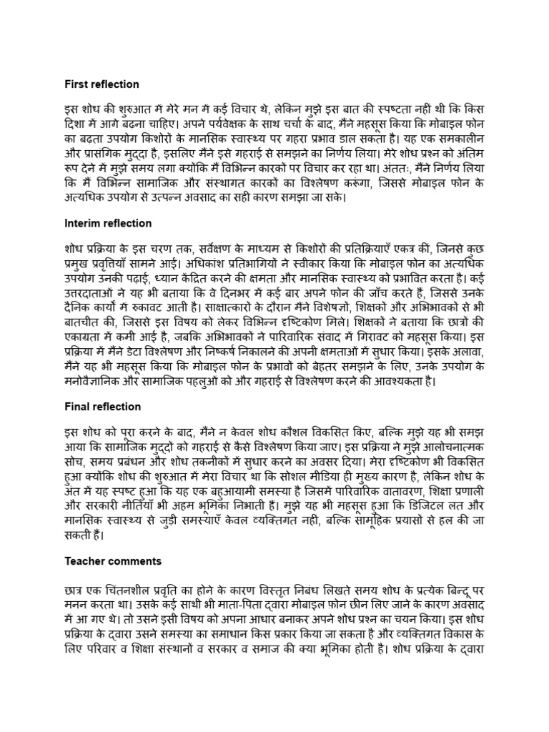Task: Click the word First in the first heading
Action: coord(76,84)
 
